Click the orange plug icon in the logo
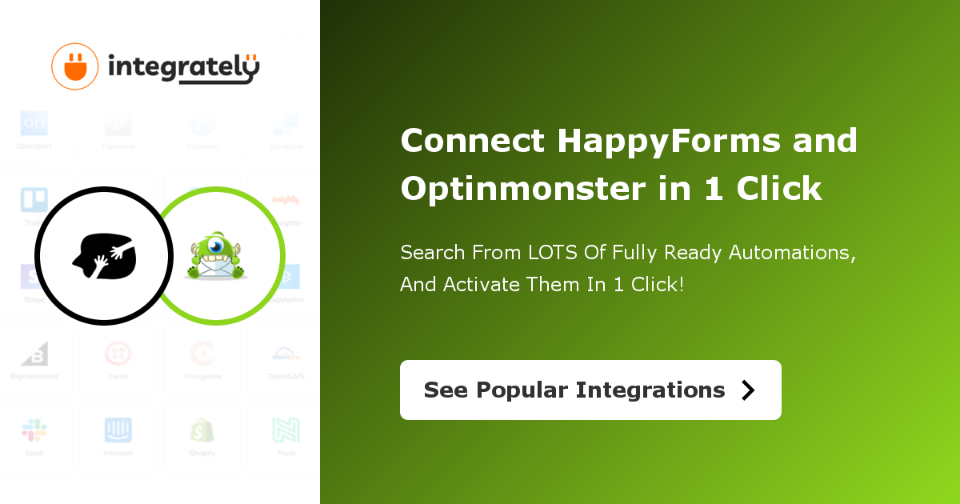click(x=74, y=66)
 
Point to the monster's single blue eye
click(x=217, y=246)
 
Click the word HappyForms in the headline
click(x=669, y=142)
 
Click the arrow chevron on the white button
click(x=748, y=390)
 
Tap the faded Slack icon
click(x=34, y=430)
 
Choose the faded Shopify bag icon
click(x=202, y=430)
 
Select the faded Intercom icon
click(x=118, y=430)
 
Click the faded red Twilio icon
click(x=118, y=354)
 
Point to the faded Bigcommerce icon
click(x=34, y=354)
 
